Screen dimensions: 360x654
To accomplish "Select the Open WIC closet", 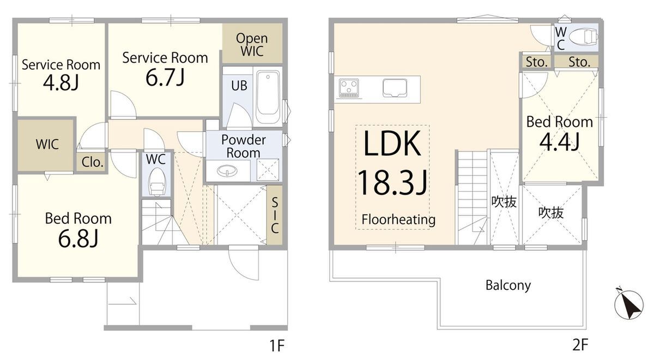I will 252,45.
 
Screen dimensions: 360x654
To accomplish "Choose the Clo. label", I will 93,162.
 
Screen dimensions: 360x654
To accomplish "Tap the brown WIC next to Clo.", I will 47,145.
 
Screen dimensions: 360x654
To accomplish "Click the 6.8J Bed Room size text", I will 78,238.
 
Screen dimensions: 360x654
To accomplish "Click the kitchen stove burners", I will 349,87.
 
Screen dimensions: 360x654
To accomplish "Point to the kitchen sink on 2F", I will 395,87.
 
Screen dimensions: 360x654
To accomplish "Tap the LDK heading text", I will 392,144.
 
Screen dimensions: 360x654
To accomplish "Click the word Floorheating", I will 398,220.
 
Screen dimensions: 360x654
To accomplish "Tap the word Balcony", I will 508,285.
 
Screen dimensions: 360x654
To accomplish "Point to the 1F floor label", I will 277,345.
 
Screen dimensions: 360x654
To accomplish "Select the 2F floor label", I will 579,345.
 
